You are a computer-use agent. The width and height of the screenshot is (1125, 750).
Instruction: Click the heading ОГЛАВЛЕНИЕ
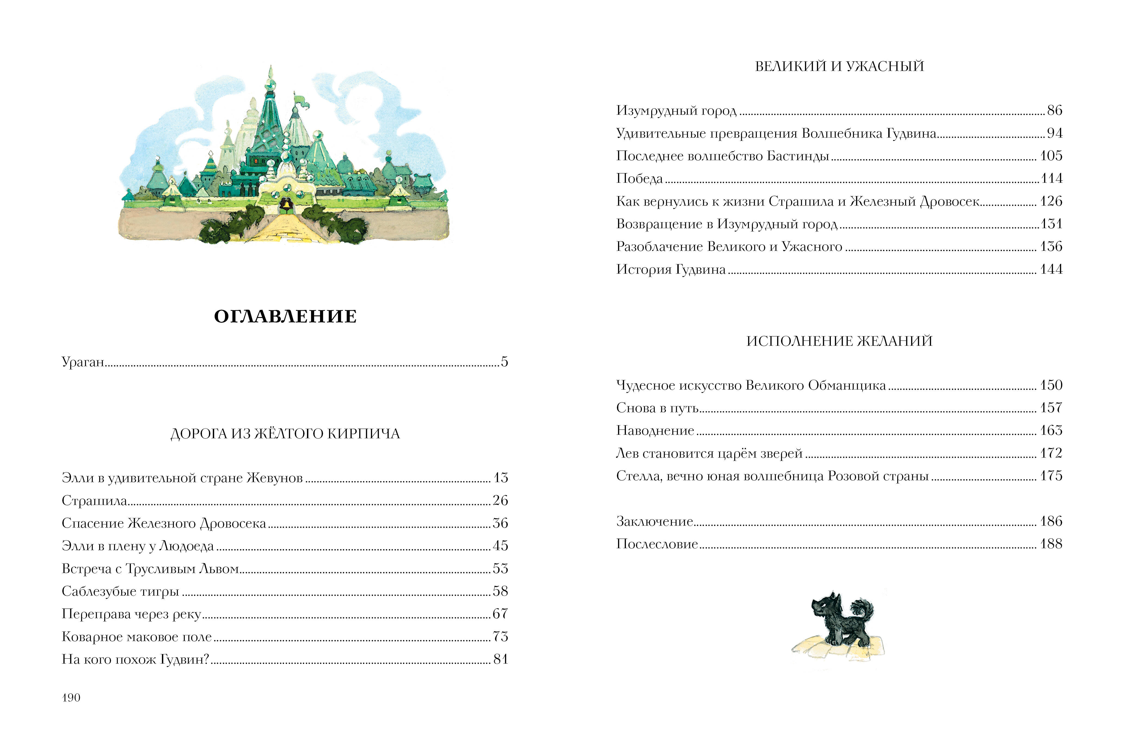285,317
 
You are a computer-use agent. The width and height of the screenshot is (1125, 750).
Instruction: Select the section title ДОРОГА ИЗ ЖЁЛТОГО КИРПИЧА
285,434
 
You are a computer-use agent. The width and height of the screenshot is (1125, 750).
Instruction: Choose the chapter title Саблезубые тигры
121,592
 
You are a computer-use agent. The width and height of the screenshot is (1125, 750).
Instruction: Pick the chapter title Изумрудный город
676,111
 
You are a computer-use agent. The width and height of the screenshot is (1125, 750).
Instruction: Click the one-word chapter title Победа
640,179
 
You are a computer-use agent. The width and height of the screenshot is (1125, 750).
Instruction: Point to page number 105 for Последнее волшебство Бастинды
1051,156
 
